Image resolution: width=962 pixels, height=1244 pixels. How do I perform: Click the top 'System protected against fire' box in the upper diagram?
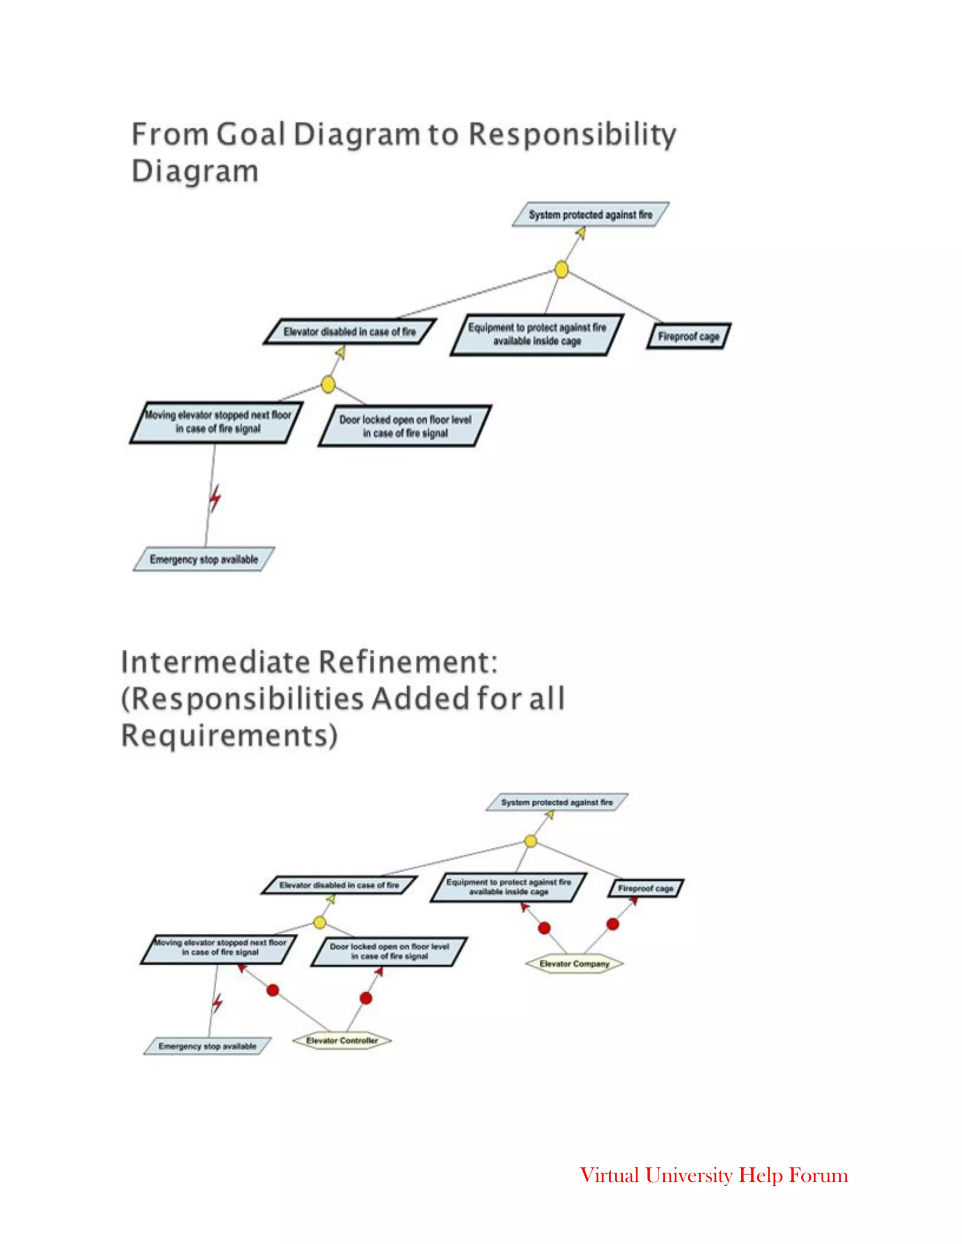tap(590, 215)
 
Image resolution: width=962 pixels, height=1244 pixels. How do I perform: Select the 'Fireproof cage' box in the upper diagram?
tap(689, 336)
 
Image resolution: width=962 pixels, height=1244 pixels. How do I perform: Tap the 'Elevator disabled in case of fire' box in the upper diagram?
tap(349, 331)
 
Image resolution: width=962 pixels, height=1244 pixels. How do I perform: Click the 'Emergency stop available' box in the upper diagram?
tap(203, 560)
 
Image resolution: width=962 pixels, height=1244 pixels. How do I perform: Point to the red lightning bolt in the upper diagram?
tap(215, 499)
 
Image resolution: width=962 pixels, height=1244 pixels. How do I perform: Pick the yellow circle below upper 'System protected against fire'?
tap(561, 269)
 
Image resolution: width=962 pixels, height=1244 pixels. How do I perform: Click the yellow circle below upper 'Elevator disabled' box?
tap(328, 384)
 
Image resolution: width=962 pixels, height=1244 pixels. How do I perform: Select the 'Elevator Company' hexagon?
tap(574, 964)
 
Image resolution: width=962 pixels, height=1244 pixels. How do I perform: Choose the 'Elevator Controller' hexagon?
tap(342, 1041)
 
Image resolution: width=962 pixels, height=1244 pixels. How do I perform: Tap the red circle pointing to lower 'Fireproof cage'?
tap(613, 924)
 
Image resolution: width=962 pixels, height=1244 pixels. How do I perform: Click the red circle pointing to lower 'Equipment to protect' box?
tap(544, 929)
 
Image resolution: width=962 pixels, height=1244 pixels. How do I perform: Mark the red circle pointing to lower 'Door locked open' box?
tap(366, 998)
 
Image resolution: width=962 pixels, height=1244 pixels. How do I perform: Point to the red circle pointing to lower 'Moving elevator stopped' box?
tap(273, 991)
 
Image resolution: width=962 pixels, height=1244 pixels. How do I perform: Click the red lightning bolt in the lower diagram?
tap(217, 1003)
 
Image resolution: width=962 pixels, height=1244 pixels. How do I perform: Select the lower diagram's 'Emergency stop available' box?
tap(208, 1046)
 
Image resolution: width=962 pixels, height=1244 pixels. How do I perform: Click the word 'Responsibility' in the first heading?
tap(572, 135)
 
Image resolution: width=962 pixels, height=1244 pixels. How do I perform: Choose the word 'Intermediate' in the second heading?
tap(216, 662)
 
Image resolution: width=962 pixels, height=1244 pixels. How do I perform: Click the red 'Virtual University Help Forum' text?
tap(714, 1175)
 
